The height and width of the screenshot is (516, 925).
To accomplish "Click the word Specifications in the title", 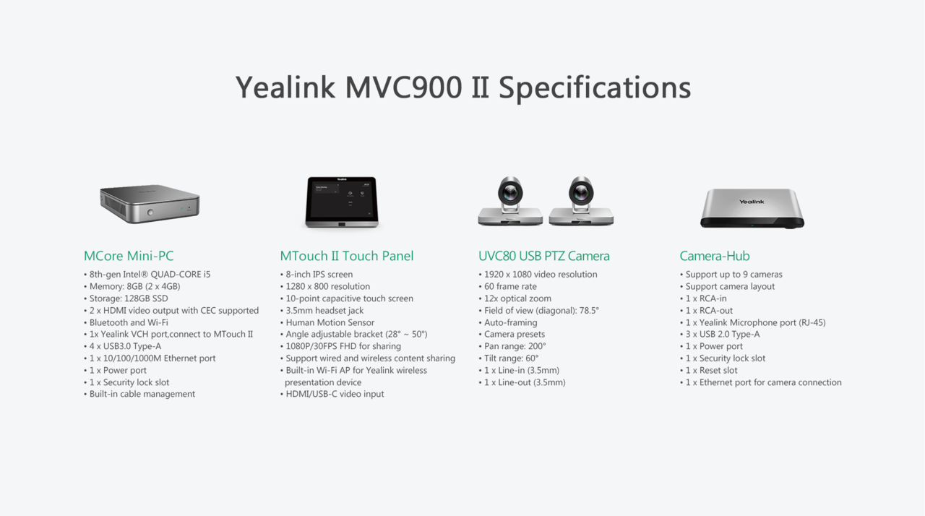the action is [595, 88].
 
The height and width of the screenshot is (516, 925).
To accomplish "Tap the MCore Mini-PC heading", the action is [129, 256].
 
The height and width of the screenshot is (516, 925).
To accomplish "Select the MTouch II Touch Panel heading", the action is [346, 256].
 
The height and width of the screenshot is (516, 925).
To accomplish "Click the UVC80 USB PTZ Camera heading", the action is [544, 256].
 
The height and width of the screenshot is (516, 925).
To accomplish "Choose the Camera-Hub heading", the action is [715, 256].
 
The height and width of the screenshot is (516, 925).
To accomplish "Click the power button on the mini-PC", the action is [150, 212].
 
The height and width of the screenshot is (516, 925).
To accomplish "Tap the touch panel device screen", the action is [342, 199].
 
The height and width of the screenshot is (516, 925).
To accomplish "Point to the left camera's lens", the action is [510, 192].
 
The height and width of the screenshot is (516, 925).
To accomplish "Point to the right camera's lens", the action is [581, 192].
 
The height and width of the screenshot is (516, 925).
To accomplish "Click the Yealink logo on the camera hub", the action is [752, 202].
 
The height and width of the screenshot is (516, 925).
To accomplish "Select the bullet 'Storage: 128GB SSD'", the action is [126, 298].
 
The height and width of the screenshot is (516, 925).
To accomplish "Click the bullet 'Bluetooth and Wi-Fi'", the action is [126, 322].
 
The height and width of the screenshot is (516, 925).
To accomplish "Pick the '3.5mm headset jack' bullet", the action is [322, 311].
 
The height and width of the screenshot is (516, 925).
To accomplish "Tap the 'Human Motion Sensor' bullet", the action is [327, 322].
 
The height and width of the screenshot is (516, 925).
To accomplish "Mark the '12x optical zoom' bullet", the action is [515, 298].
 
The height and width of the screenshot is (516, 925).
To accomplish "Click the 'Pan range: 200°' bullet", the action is [512, 346].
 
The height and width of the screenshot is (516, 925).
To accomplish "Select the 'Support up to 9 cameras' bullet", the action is [731, 275].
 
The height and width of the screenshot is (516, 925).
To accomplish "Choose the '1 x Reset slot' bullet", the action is [709, 370].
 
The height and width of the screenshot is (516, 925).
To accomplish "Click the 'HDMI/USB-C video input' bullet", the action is [332, 394].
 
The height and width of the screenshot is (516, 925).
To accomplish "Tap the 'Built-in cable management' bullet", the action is [139, 394].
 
